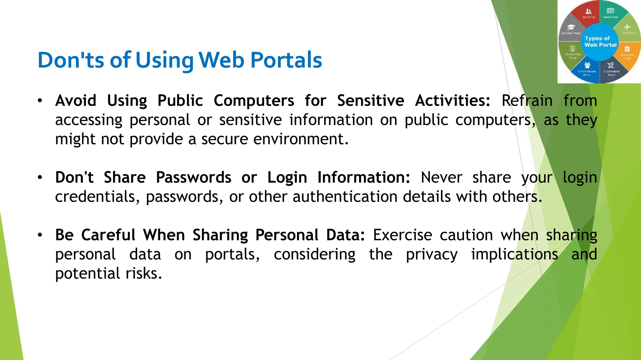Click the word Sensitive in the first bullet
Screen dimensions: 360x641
[x=370, y=101]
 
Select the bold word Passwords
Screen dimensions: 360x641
[x=193, y=177]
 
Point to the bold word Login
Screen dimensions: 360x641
[x=287, y=177]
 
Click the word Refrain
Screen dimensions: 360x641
[x=527, y=101]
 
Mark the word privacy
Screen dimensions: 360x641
[x=432, y=254]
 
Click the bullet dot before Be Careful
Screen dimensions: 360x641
[x=40, y=235]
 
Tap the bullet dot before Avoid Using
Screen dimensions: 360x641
[x=40, y=101]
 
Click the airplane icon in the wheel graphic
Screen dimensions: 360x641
[x=627, y=27]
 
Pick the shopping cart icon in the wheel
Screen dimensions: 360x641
[x=611, y=65]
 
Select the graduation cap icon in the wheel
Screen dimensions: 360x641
[x=571, y=27]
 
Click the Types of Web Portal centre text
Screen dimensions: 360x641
[x=600, y=42]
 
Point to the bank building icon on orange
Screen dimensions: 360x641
[x=627, y=49]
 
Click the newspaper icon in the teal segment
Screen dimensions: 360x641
[x=610, y=11]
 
